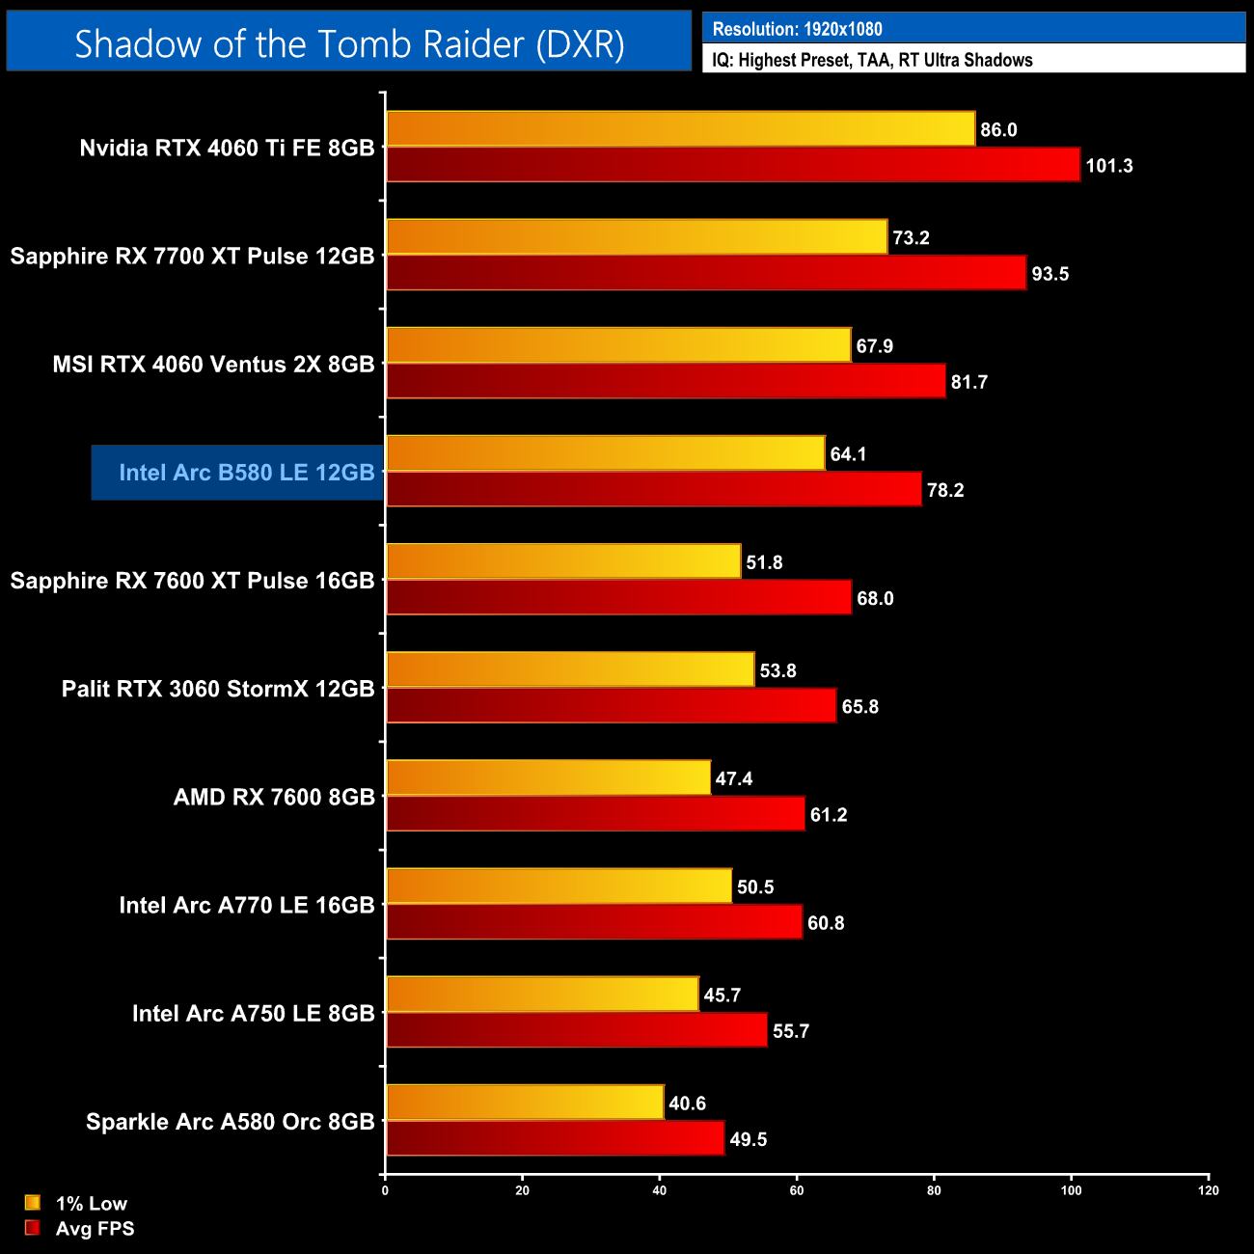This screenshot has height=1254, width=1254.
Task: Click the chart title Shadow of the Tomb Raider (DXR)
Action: [x=349, y=43]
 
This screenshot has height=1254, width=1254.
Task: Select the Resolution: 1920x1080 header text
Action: [x=797, y=29]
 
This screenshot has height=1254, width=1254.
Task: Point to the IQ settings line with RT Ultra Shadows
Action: [x=872, y=60]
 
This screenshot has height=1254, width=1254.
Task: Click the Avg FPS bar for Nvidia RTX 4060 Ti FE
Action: [x=733, y=165]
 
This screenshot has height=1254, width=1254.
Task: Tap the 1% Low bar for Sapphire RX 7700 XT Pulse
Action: [x=637, y=237]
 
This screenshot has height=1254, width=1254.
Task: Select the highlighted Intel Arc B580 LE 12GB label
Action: [x=246, y=473]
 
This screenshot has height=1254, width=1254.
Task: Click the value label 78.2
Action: [x=945, y=490]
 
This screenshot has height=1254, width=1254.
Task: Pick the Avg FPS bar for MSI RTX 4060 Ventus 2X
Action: [x=666, y=381]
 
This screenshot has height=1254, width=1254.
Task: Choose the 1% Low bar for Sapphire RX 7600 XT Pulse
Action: [x=563, y=561]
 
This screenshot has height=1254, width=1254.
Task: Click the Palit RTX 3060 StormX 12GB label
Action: [x=218, y=689]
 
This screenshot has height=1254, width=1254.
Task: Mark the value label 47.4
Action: [x=734, y=778]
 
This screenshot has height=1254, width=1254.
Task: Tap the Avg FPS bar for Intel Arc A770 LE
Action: [x=594, y=922]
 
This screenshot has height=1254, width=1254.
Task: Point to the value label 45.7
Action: [x=722, y=995]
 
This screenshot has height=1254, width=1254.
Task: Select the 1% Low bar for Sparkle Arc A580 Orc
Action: [x=525, y=1103]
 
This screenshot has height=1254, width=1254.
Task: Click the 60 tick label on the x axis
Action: [x=797, y=1190]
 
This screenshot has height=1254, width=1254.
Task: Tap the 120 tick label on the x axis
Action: [x=1208, y=1190]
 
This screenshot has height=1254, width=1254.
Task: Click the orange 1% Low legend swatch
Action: [x=33, y=1203]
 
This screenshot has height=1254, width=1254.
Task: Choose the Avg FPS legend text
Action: [x=95, y=1229]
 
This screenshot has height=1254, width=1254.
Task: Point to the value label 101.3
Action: [x=1109, y=166]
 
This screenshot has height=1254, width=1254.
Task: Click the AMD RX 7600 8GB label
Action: [x=274, y=797]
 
